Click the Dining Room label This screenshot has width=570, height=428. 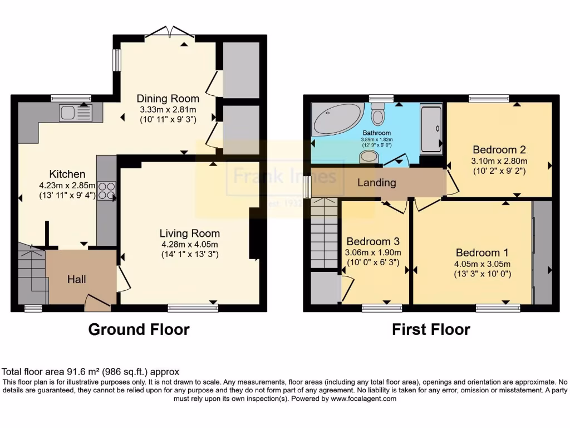point(168,99)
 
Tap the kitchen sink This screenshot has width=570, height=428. point(75,113)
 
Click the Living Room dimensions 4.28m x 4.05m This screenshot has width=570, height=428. point(189,244)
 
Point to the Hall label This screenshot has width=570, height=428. point(76,279)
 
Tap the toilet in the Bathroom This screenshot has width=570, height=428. point(378,116)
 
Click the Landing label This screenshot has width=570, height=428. point(377,183)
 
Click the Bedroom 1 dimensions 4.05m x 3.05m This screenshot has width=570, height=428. point(483,264)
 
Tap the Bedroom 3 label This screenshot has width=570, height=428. point(373,241)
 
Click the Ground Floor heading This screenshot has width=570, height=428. point(139,330)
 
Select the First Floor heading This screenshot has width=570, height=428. point(431,330)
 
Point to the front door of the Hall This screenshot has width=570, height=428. point(98,302)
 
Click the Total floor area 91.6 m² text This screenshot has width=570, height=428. point(90,372)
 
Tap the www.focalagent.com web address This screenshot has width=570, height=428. point(363,398)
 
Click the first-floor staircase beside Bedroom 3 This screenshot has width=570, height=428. point(324,234)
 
